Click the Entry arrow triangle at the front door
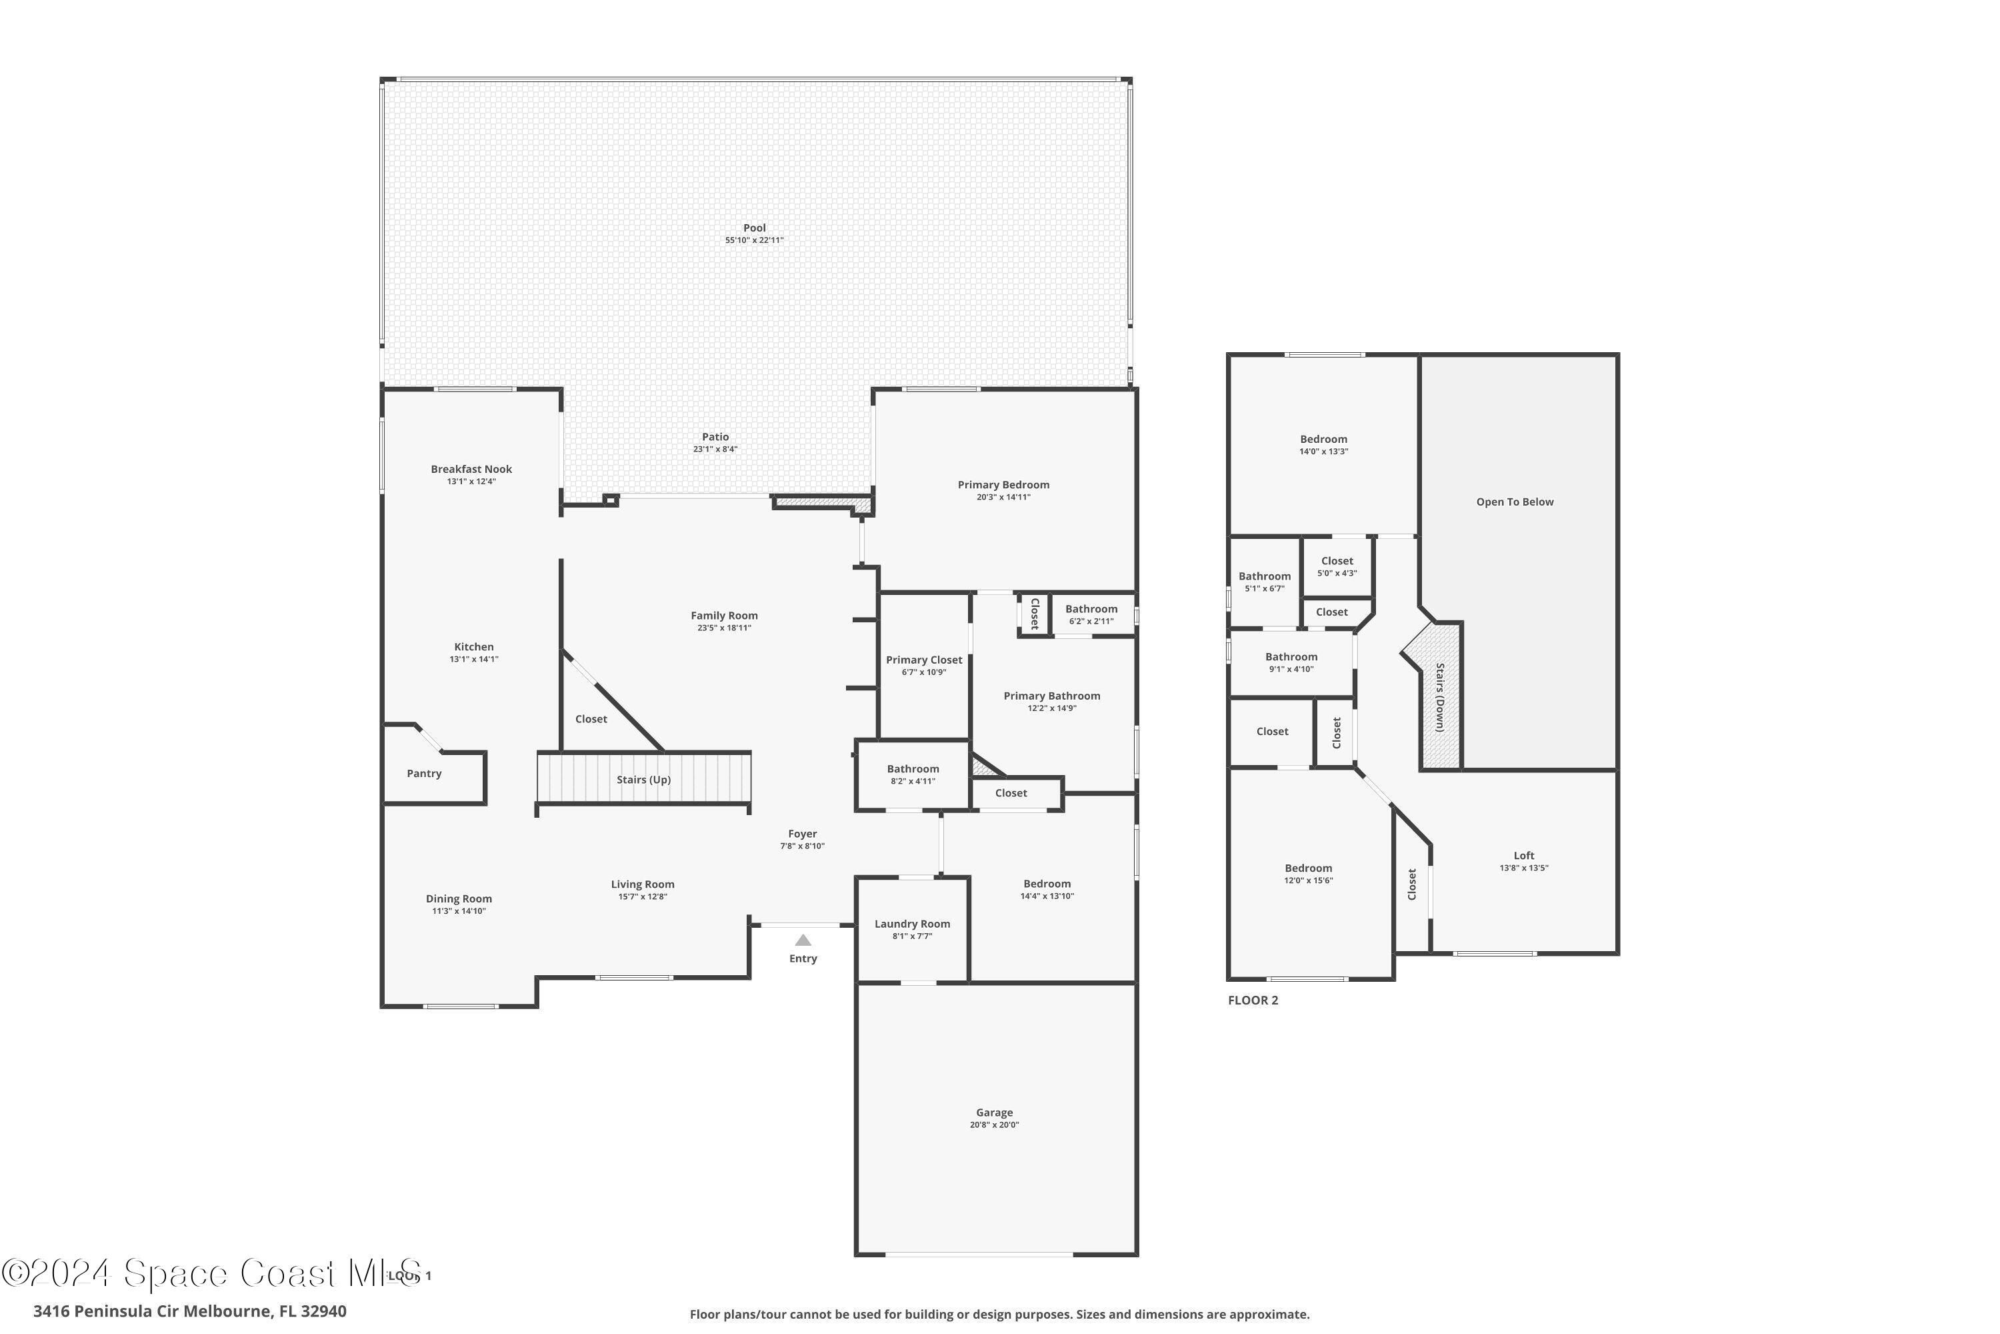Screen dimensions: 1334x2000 coord(803,940)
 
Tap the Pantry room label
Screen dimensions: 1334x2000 coord(423,773)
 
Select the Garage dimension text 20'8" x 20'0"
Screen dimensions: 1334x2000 coord(994,1125)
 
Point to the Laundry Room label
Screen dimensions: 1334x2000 coord(911,924)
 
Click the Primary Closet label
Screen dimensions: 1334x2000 coord(923,660)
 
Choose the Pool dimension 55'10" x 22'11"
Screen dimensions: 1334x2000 coord(754,241)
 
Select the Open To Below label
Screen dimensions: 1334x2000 coord(1515,502)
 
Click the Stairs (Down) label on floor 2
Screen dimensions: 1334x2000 coord(1439,698)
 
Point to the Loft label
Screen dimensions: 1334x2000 coord(1524,856)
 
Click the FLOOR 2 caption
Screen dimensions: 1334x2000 coord(1253,1000)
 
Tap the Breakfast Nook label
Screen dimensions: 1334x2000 coord(471,470)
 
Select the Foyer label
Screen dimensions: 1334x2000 coord(802,834)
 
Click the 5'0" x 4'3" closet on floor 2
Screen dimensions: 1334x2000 coord(1337,566)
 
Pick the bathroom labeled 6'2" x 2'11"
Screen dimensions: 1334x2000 coord(1091,614)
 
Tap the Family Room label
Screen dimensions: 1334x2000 coord(723,616)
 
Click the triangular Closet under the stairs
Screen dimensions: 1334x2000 coord(591,720)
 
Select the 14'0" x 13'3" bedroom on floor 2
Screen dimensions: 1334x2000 coord(1323,445)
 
